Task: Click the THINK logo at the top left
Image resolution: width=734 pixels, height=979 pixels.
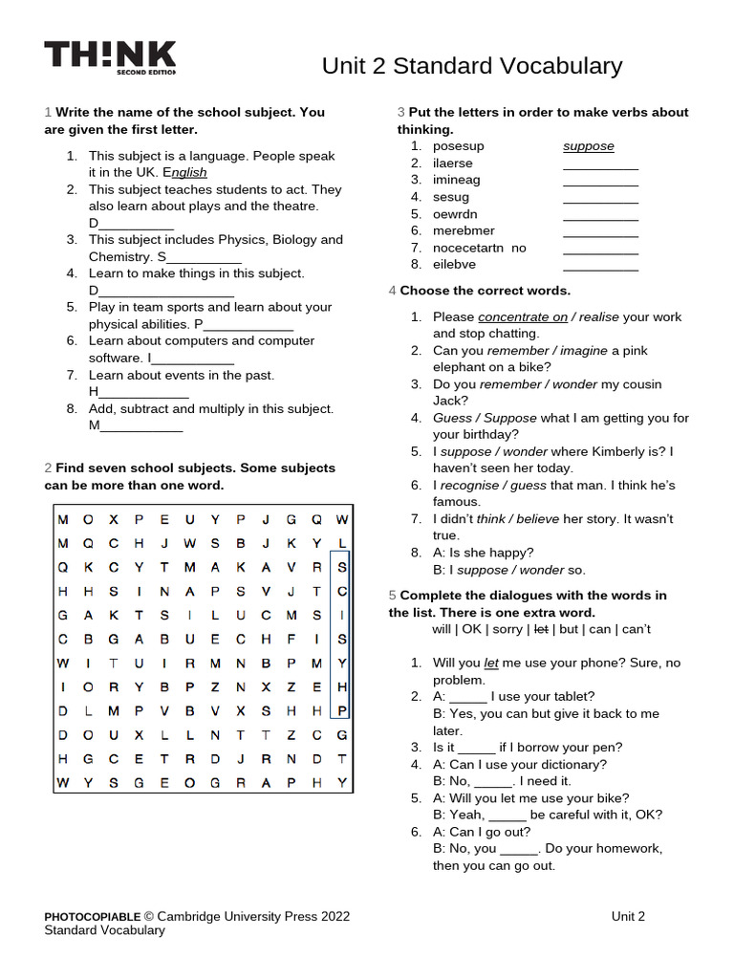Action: [x=110, y=57]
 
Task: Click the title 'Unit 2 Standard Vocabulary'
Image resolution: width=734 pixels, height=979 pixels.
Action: [x=471, y=66]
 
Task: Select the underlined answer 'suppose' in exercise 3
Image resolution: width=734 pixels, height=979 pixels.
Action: [x=588, y=146]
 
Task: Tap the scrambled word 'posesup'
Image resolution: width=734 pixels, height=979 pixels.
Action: [x=458, y=146]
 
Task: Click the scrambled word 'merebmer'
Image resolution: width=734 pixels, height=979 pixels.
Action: [x=464, y=231]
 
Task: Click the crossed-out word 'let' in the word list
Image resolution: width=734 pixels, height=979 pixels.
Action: [x=541, y=629]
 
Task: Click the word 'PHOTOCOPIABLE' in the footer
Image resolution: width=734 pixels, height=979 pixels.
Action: [x=93, y=916]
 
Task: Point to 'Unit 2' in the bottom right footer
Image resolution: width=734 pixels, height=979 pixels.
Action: [x=628, y=916]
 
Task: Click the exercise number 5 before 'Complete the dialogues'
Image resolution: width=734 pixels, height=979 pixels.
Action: [x=392, y=596]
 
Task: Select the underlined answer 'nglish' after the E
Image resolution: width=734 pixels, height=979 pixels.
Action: [x=189, y=172]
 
